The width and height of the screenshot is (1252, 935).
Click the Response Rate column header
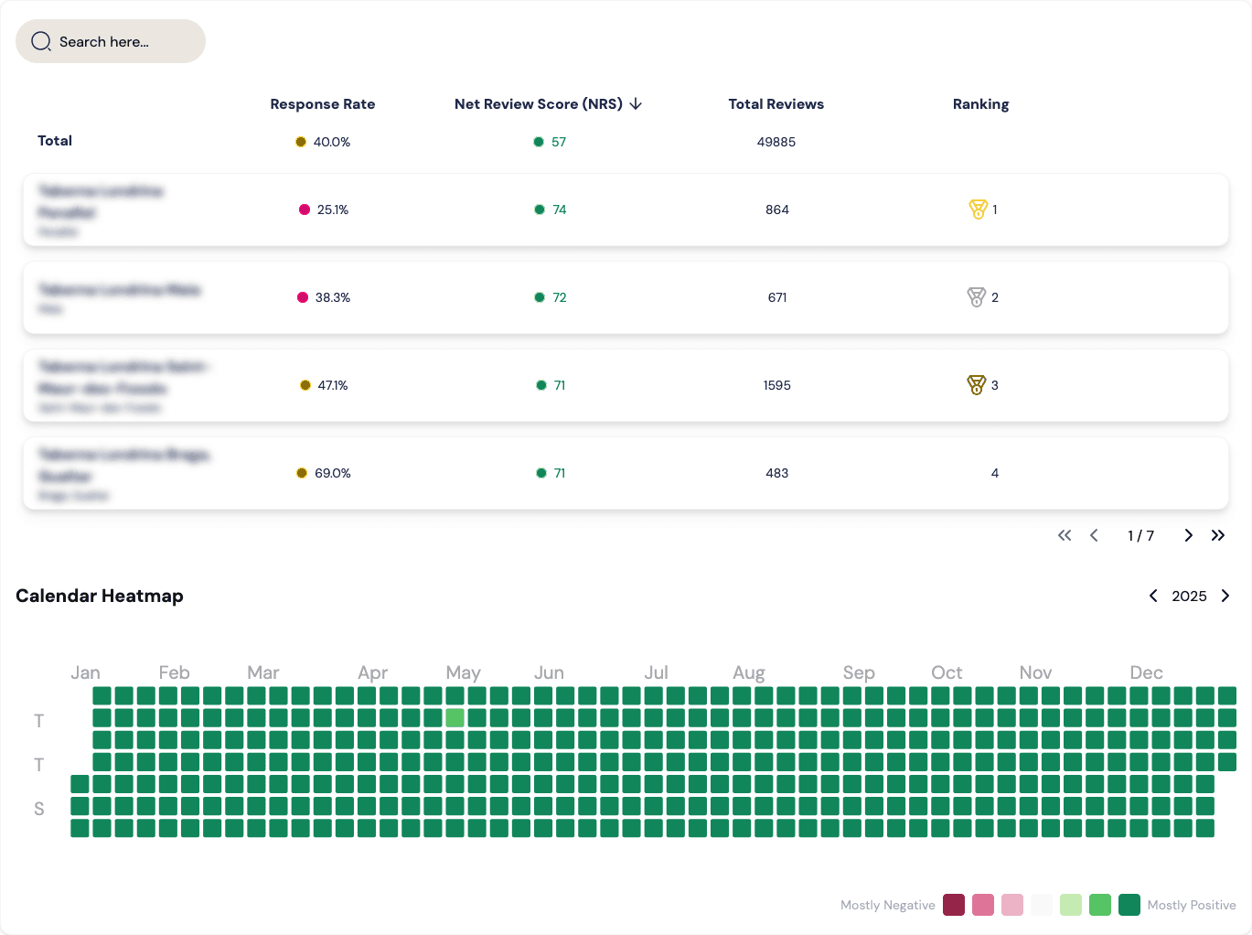pos(322,104)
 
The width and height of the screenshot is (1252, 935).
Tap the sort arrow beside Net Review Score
pos(636,104)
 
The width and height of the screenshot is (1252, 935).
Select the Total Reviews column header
pos(776,104)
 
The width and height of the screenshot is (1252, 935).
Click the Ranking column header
pos(980,104)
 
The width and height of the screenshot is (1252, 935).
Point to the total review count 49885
pos(776,142)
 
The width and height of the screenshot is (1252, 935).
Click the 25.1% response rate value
pos(332,210)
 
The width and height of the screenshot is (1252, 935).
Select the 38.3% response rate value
pos(332,297)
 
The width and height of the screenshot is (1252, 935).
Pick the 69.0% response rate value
pos(332,473)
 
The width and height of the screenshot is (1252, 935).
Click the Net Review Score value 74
pos(559,210)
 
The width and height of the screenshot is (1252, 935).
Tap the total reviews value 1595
pos(776,385)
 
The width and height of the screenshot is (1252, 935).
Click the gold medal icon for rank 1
pos(978,210)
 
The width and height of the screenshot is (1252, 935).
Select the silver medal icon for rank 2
pos(976,297)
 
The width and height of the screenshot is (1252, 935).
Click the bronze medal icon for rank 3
pos(976,385)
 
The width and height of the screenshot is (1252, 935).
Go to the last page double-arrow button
pos(1217,535)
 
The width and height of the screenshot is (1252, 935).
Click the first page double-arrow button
pos(1065,535)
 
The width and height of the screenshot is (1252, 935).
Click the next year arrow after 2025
pos(1225,596)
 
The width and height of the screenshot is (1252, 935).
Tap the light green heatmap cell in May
pos(455,718)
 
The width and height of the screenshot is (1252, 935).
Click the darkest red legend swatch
pos(954,905)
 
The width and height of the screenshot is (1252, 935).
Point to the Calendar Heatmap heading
pos(100,596)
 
